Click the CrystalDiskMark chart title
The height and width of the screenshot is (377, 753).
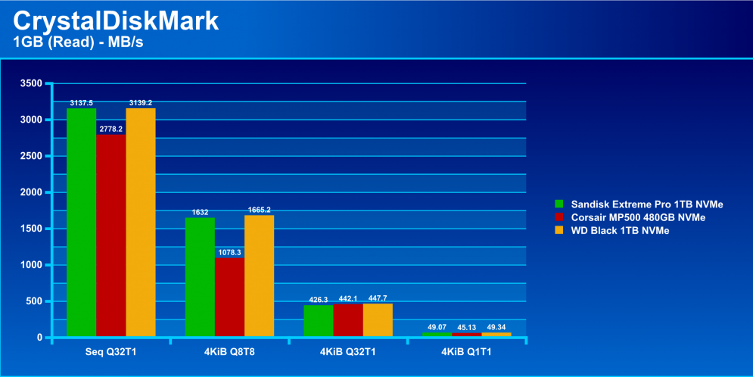click(116, 21)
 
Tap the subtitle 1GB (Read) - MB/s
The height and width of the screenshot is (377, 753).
click(78, 42)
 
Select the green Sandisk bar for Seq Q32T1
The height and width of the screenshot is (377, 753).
click(81, 223)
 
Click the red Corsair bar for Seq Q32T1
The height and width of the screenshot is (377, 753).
click(111, 235)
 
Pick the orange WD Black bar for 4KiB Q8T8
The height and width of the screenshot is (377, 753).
click(260, 276)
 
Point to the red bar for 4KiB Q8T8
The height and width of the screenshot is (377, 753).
click(229, 297)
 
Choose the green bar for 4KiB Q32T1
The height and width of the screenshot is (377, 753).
click(319, 321)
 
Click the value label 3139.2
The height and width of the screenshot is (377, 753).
click(141, 103)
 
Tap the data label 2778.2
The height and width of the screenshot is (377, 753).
click(111, 129)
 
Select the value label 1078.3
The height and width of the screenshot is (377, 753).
click(229, 252)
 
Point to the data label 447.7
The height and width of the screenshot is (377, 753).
click(378, 298)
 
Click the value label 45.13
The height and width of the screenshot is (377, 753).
click(467, 328)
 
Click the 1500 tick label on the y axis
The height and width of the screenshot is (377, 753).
click(31, 229)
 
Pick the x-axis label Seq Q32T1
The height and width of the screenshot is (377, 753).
click(111, 352)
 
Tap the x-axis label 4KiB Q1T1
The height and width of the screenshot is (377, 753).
click(466, 352)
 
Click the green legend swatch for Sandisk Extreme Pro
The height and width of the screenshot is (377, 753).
click(559, 204)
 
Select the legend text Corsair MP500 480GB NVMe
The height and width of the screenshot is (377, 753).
click(638, 217)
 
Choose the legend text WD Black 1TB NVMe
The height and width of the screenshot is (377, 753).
click(620, 231)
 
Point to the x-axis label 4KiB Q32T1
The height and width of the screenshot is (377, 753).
click(347, 352)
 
